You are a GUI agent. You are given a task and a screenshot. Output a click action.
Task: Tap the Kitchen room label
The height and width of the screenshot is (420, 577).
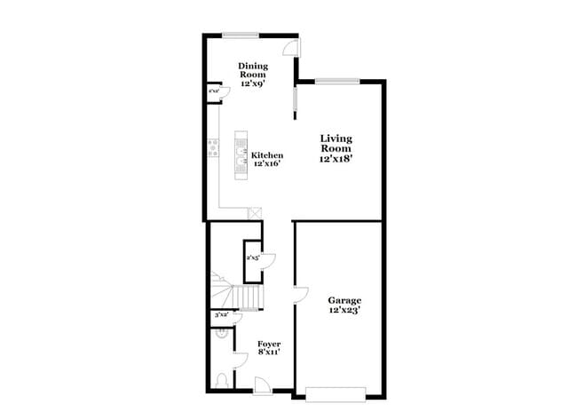267,155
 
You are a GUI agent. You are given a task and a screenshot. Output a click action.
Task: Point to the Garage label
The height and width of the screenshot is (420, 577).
344,300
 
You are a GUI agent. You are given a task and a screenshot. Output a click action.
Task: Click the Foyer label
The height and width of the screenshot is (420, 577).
269,343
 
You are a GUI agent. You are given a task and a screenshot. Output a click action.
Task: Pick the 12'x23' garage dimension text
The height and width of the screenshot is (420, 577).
344,311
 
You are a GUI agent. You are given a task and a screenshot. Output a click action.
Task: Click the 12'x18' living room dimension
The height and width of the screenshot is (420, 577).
336,161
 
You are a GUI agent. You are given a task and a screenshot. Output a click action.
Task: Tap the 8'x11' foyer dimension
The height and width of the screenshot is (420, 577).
269,353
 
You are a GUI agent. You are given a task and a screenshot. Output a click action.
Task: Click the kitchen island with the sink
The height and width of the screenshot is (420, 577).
241,156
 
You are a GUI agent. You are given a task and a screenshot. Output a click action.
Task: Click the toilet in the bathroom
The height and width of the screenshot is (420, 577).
222,380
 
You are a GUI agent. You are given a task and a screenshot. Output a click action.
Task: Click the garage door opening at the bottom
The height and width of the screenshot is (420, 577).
336,392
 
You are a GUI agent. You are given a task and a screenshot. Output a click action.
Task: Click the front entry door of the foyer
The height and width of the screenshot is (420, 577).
263,384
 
